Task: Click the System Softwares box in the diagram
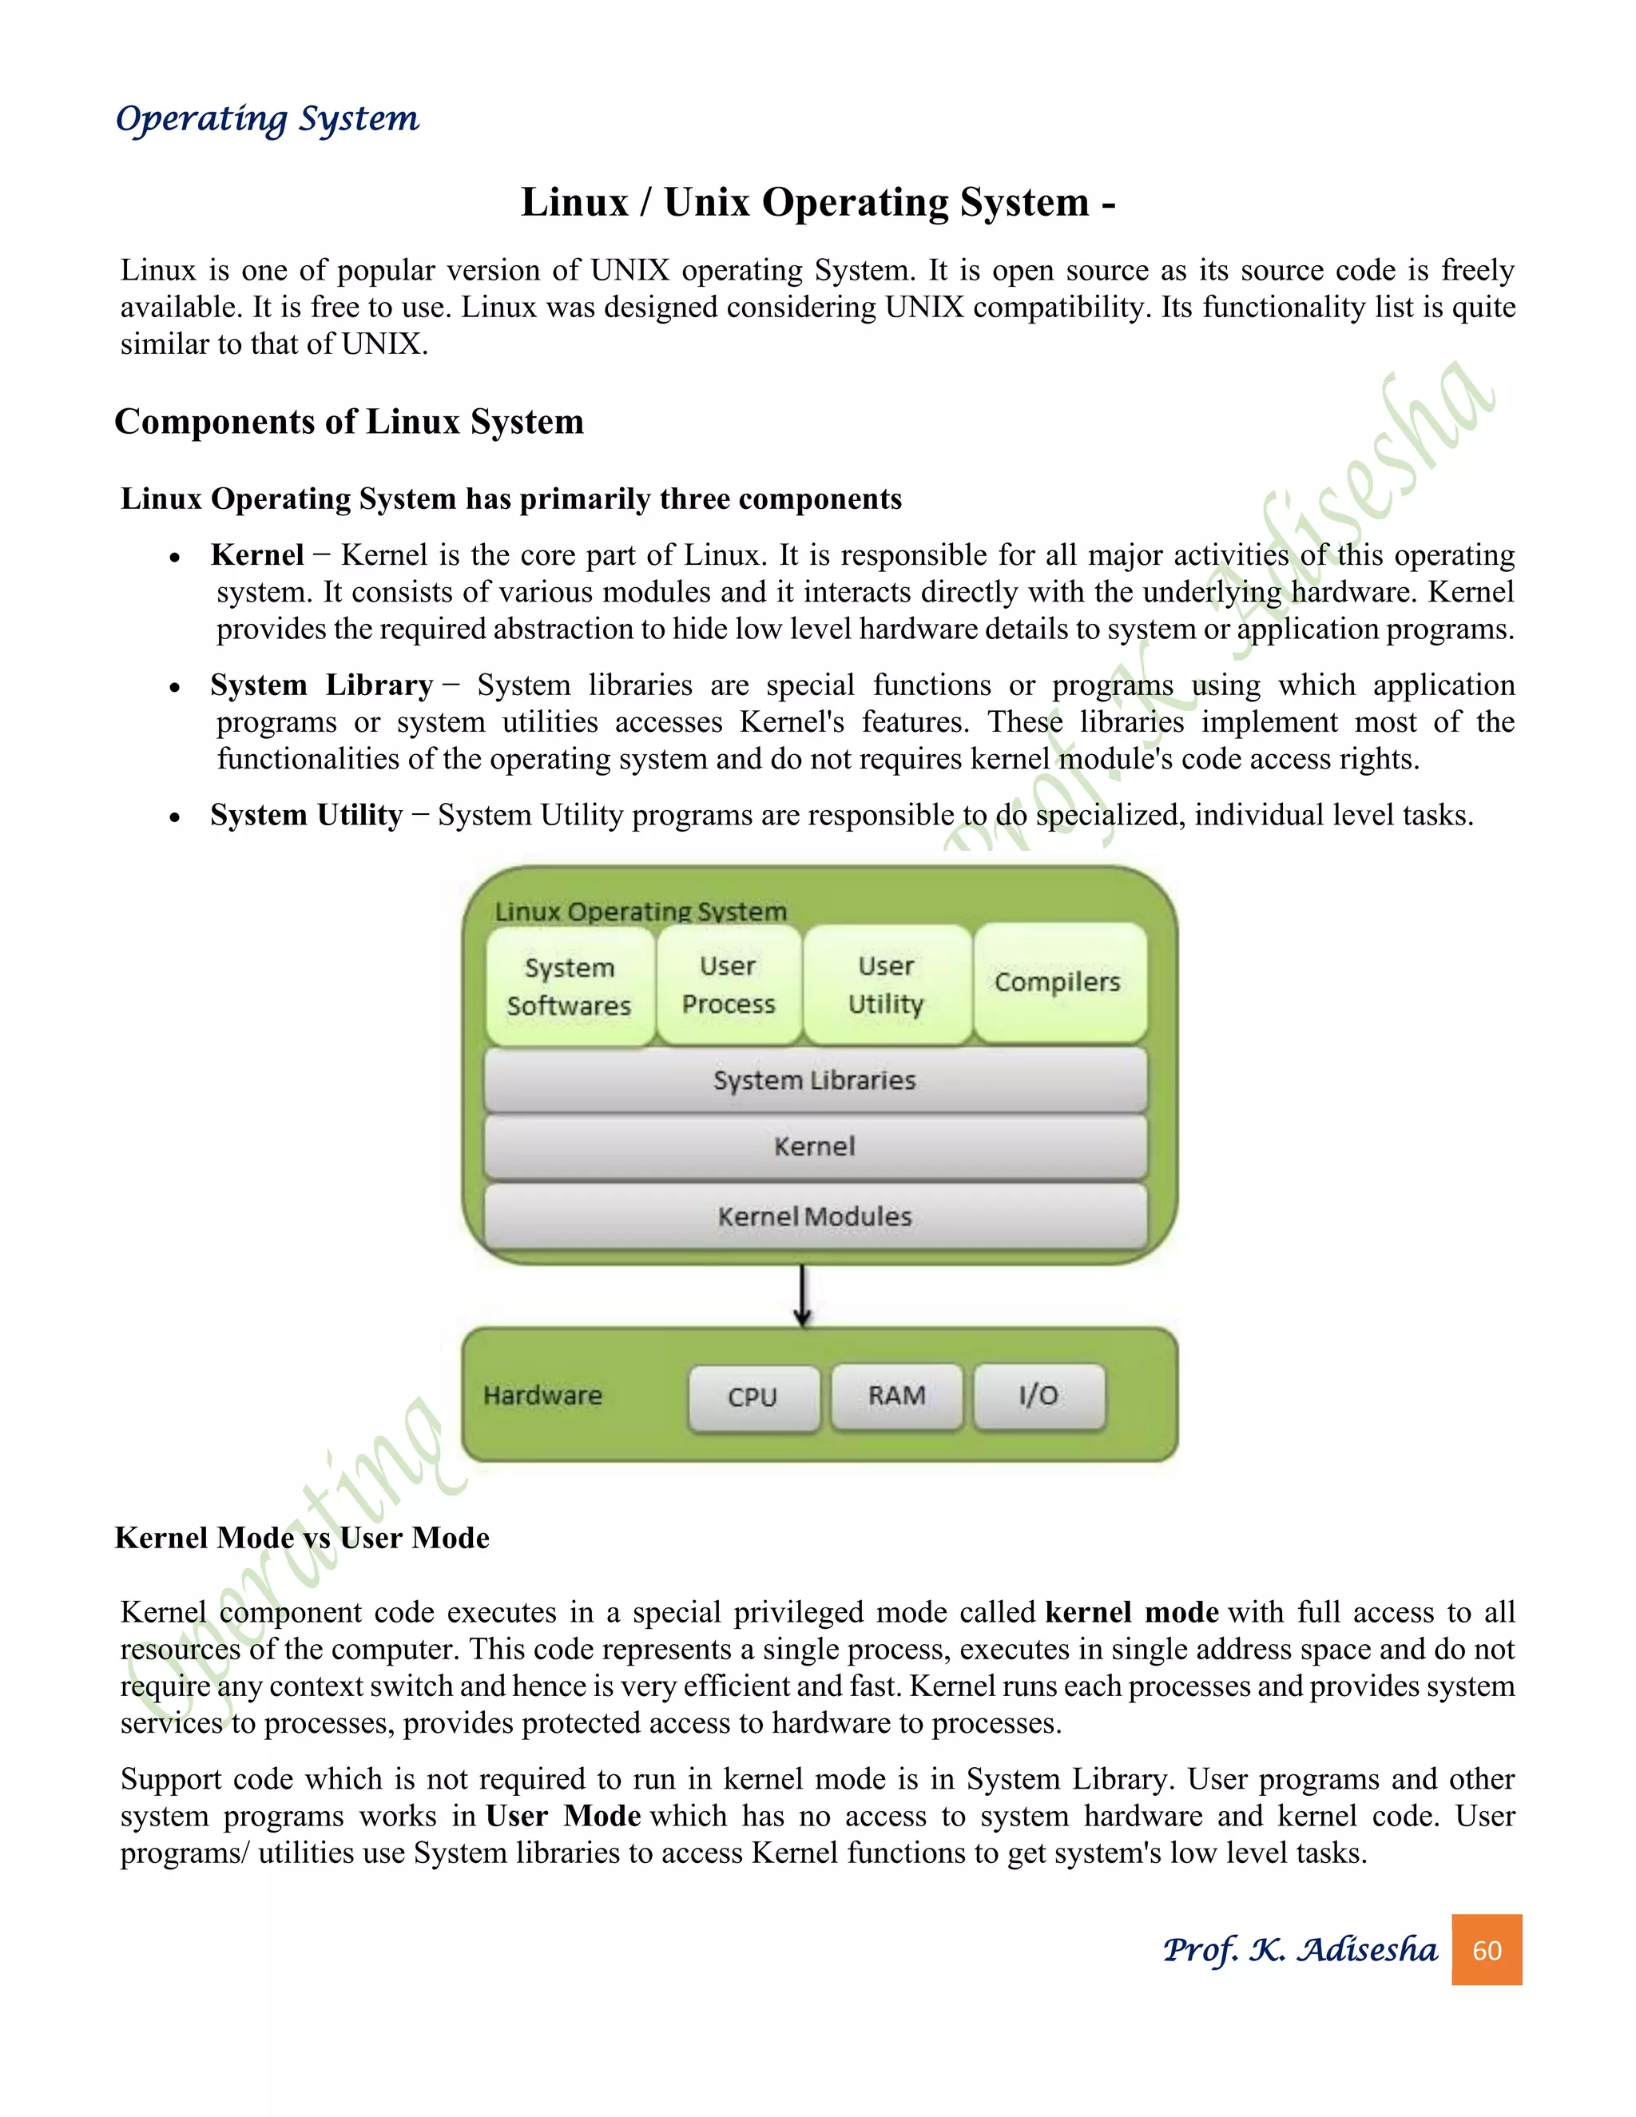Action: (569, 986)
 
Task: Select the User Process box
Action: (729, 985)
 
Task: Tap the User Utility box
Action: (886, 985)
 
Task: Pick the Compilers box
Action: (1058, 982)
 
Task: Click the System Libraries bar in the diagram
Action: (814, 1080)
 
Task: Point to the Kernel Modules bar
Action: (814, 1217)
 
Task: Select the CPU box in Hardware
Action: (753, 1396)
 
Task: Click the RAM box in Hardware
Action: (896, 1396)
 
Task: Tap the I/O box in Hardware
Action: (1038, 1396)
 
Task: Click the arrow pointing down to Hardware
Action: (801, 1295)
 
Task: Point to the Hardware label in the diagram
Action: (542, 1396)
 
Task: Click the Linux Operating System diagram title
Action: (641, 912)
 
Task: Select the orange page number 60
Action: (1486, 1950)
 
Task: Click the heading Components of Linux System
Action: (349, 422)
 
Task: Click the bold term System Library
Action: (321, 685)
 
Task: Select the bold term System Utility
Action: (306, 815)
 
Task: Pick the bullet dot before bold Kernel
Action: (174, 558)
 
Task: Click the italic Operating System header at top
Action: (267, 119)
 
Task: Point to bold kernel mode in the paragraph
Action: (1131, 1612)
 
